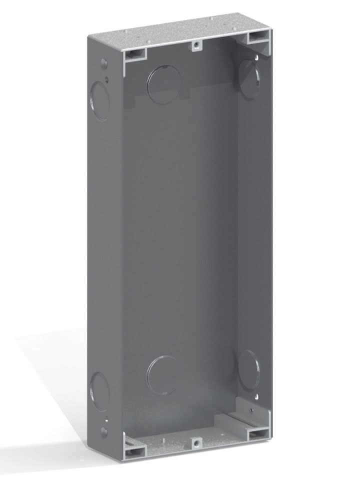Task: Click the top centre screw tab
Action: (197, 45)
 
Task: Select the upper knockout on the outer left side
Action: (100, 100)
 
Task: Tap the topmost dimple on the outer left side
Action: (103, 64)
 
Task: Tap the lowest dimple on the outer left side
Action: (103, 431)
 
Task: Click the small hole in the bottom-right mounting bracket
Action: (251, 410)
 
